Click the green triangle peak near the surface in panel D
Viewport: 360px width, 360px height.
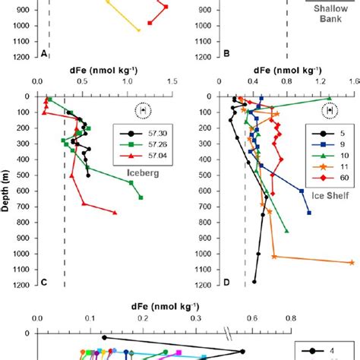[x=328, y=98]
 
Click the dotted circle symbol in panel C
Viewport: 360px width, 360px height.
[x=143, y=111]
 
